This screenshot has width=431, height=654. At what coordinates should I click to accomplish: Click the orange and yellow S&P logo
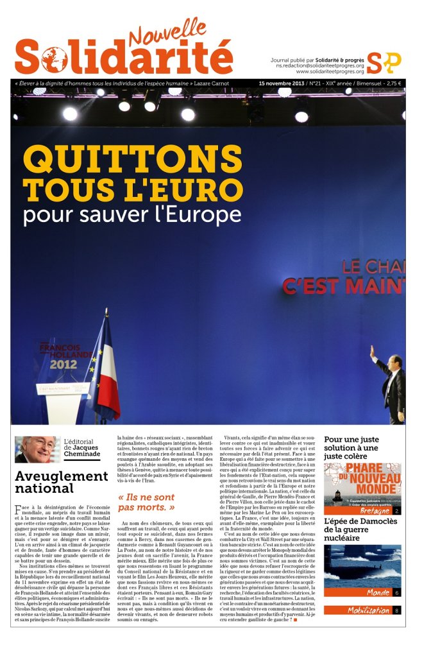[x=384, y=62]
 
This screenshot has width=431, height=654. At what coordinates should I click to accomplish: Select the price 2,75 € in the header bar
[x=390, y=83]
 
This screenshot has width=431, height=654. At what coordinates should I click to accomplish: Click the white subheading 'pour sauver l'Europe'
[x=132, y=215]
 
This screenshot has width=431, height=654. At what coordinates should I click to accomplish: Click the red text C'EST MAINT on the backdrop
[x=344, y=286]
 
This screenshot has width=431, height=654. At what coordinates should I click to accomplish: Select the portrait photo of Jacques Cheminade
[x=37, y=449]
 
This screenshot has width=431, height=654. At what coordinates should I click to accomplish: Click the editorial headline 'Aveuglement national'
[x=61, y=482]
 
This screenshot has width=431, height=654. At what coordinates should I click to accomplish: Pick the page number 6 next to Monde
[x=396, y=592]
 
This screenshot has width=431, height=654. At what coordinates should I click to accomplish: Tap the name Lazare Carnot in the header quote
[x=221, y=83]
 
